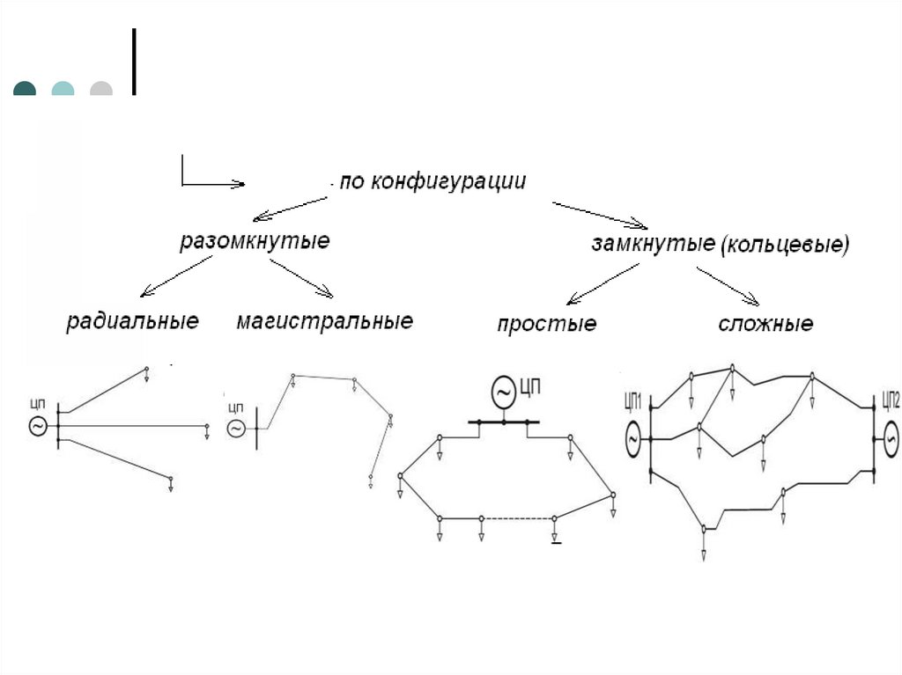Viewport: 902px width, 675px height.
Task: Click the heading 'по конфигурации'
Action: point(433,182)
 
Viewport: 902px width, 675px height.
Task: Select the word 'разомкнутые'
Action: point(255,241)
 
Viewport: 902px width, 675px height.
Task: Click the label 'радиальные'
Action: point(132,320)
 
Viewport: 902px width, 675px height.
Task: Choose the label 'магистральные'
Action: point(324,321)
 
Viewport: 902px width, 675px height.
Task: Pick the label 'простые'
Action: point(546,324)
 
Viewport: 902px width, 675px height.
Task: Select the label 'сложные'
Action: point(765,324)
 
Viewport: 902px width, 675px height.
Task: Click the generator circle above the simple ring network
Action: point(503,392)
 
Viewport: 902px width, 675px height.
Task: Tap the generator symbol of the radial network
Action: point(39,426)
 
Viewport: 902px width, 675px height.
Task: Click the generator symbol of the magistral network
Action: point(236,429)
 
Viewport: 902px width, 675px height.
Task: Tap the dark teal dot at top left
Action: point(25,89)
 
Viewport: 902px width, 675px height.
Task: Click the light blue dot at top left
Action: point(63,89)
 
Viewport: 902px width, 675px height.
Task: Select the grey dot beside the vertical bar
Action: point(101,89)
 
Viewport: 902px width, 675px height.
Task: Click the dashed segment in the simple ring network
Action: point(517,517)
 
